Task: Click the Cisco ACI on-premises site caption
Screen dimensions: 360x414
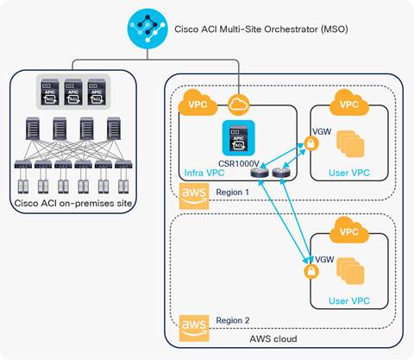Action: point(76,203)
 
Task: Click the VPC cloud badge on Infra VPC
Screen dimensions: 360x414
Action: point(196,104)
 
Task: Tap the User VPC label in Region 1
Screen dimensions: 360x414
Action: point(349,172)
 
